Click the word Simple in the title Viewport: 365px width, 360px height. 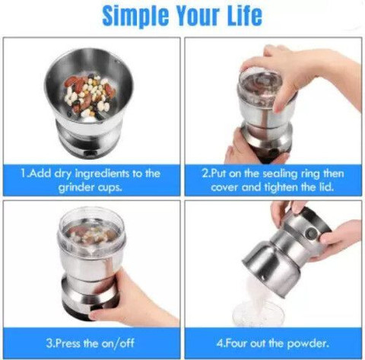point(135,15)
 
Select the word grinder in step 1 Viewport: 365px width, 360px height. point(73,187)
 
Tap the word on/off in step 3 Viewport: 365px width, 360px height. point(118,343)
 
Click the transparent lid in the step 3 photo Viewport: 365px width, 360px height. point(92,232)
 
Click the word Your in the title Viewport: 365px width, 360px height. point(198,15)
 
